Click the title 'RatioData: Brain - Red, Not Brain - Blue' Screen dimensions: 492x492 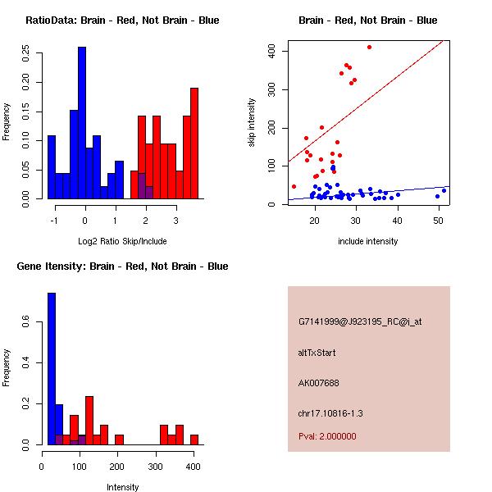coord(122,20)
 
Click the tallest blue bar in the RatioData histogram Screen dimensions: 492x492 coord(81,123)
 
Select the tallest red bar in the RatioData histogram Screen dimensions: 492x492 coord(194,143)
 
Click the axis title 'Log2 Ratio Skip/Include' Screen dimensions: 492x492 coord(122,241)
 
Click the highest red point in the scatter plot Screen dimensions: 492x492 coord(369,48)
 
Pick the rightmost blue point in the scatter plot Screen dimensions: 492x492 coord(444,191)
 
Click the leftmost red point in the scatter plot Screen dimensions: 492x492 coord(294,187)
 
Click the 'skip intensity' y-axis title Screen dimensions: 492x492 coord(252,123)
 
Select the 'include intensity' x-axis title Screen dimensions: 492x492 coord(368,241)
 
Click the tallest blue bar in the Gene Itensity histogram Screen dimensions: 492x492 coord(52,369)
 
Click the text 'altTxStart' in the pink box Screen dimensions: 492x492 coord(317,353)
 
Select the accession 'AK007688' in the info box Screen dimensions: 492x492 coord(319,383)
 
